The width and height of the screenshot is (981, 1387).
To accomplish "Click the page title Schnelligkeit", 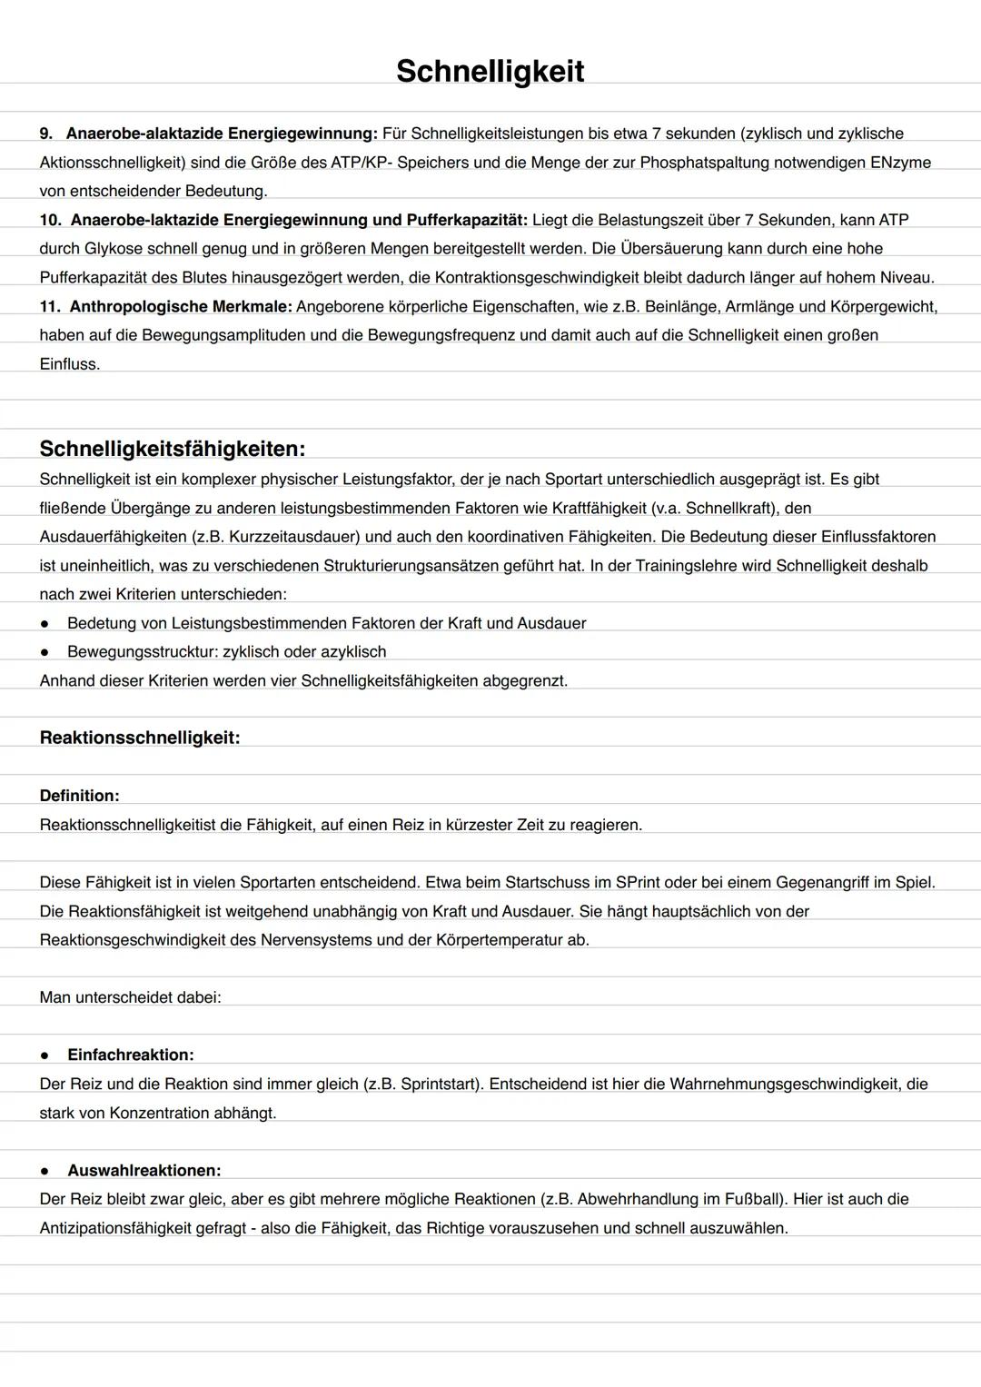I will [490, 71].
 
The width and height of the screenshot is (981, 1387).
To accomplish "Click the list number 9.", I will [45, 134].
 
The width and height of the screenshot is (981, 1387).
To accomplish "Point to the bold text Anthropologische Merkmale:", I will [181, 306].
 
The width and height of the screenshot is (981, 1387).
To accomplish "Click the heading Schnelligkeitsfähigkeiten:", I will [172, 449].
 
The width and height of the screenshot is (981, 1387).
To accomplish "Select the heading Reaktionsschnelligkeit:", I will [140, 738].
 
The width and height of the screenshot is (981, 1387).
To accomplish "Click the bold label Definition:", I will [79, 796].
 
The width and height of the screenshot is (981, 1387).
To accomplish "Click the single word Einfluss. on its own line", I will [69, 364].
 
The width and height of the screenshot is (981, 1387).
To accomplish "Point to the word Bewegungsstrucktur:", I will [143, 652].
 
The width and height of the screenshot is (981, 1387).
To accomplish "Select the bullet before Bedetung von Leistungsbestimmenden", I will [44, 623].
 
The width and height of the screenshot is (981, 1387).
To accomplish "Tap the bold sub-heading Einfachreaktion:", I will [130, 1055].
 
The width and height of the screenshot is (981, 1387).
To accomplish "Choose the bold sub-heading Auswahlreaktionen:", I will [144, 1170].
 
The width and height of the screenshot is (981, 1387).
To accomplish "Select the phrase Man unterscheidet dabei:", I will [130, 997].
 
